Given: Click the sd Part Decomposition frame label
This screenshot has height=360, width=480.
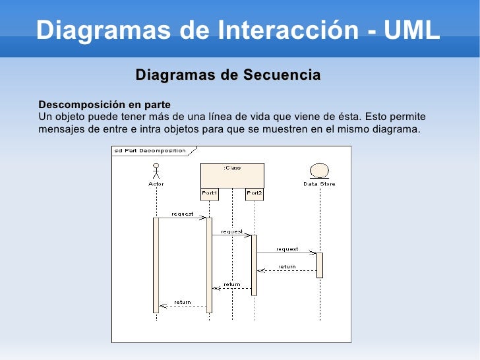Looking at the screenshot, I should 150,150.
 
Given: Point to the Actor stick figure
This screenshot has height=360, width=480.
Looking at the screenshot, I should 156,171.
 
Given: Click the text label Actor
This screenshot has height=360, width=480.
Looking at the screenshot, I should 156,184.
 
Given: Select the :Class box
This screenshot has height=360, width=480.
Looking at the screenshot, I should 232,175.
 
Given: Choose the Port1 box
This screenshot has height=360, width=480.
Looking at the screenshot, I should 209,193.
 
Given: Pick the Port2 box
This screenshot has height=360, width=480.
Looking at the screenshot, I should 255,193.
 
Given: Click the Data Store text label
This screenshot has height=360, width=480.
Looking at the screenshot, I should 319,184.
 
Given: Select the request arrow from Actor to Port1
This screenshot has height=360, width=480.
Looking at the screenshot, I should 183,218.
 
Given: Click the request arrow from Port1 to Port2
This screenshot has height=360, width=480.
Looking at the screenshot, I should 231,235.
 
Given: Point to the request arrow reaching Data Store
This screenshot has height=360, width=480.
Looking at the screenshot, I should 287,253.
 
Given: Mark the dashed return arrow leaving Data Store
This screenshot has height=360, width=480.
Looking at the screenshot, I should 287,270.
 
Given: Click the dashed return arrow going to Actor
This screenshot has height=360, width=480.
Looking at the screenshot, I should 183,306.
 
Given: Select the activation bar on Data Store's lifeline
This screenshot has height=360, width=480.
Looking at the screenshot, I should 320,265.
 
